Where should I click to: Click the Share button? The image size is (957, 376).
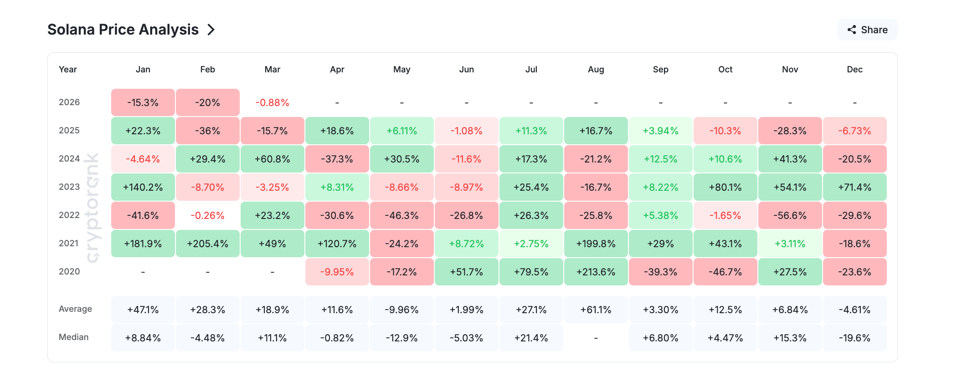coord(867,30)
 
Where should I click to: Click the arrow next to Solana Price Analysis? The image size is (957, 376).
coord(211,30)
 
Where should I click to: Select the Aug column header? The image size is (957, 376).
coord(596,70)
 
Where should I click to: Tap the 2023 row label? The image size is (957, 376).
coord(69,187)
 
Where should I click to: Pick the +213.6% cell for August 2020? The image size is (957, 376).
coord(596,272)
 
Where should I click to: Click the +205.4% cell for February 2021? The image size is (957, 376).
coord(207,244)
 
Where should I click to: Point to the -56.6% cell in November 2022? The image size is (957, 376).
coord(790,216)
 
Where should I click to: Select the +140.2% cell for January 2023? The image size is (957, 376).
coord(143,188)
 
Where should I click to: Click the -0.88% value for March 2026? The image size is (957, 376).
coord(272,103)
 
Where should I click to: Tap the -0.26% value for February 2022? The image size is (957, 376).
coord(207,216)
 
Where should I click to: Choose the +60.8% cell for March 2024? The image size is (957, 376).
coord(272,159)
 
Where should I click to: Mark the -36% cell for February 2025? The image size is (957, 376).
coord(207,131)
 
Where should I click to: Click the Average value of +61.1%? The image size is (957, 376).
coord(596,310)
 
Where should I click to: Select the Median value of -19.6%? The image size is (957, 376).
coord(854,338)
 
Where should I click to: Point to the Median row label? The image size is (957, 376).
coord(73,337)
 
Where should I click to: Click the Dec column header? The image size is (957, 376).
coord(854,70)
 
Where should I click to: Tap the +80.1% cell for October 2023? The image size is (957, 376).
coord(725,188)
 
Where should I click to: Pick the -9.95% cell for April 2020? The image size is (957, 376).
coord(337,272)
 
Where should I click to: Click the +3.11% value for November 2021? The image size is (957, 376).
coord(790,244)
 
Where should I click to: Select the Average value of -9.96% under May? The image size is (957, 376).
coord(401,310)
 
